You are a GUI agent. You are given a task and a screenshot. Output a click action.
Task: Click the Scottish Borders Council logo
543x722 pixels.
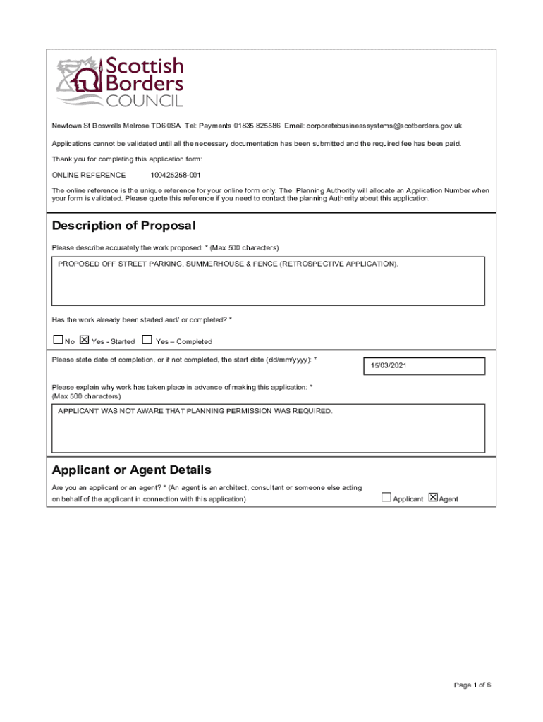120,82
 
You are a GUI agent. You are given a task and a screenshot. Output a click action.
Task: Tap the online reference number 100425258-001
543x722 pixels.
176,175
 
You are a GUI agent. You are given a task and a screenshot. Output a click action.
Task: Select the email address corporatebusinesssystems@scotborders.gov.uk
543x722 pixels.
384,126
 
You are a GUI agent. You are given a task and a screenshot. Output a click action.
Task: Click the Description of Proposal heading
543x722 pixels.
123,226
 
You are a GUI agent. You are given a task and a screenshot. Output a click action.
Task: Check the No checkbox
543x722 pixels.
58,340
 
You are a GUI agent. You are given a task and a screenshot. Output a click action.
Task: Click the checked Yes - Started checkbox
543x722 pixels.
84,340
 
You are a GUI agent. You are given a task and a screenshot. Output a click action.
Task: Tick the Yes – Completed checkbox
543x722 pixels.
147,340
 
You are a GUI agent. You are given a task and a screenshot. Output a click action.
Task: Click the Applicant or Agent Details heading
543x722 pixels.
132,470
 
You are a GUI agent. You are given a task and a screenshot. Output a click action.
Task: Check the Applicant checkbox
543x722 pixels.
386,497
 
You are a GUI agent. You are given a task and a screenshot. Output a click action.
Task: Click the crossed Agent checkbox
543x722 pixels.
433,497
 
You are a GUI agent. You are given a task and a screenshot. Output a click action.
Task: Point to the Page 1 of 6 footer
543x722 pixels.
472,685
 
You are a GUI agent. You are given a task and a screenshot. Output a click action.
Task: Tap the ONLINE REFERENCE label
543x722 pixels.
89,175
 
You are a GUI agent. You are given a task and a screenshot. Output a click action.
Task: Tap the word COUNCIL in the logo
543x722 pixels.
145,101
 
